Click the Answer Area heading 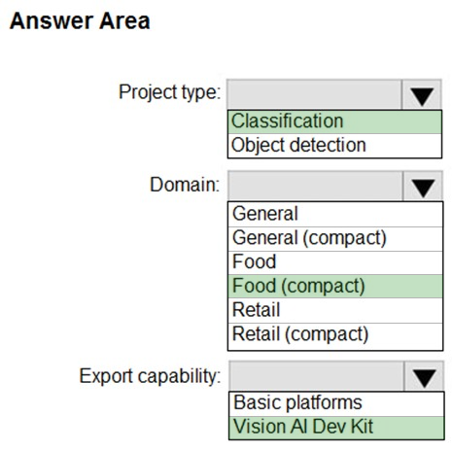pyautogui.click(x=80, y=21)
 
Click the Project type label pyautogui.click(x=169, y=92)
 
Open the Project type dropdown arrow pyautogui.click(x=422, y=96)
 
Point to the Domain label pyautogui.click(x=185, y=185)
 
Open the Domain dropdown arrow pyautogui.click(x=423, y=188)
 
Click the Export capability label pyautogui.click(x=150, y=376)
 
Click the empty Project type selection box pyautogui.click(x=314, y=94)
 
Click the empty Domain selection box pyautogui.click(x=315, y=186)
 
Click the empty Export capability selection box pyautogui.click(x=317, y=376)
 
